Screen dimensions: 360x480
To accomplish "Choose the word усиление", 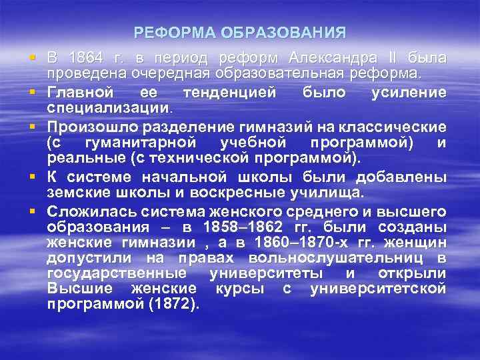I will pyautogui.click(x=408, y=92).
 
